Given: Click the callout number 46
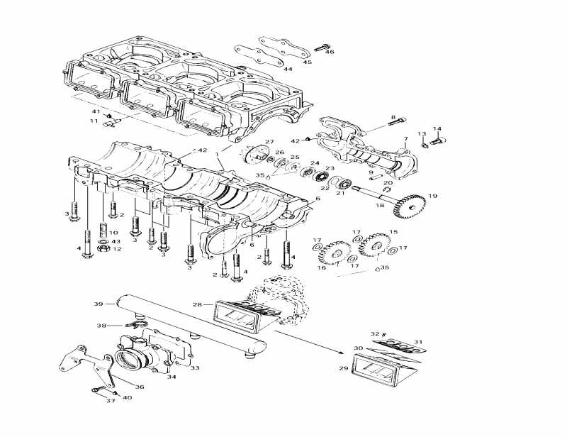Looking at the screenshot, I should [329, 52].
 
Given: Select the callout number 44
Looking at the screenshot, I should [288, 69].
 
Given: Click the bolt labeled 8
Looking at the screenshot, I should [397, 123].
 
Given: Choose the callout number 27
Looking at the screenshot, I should [269, 142].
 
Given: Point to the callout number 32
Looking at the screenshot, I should [375, 333].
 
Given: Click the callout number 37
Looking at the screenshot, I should [110, 401].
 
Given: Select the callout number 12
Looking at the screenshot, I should [117, 249].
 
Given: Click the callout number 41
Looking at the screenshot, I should [96, 111].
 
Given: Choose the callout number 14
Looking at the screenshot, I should [437, 129].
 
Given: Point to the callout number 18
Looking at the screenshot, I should [379, 205].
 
